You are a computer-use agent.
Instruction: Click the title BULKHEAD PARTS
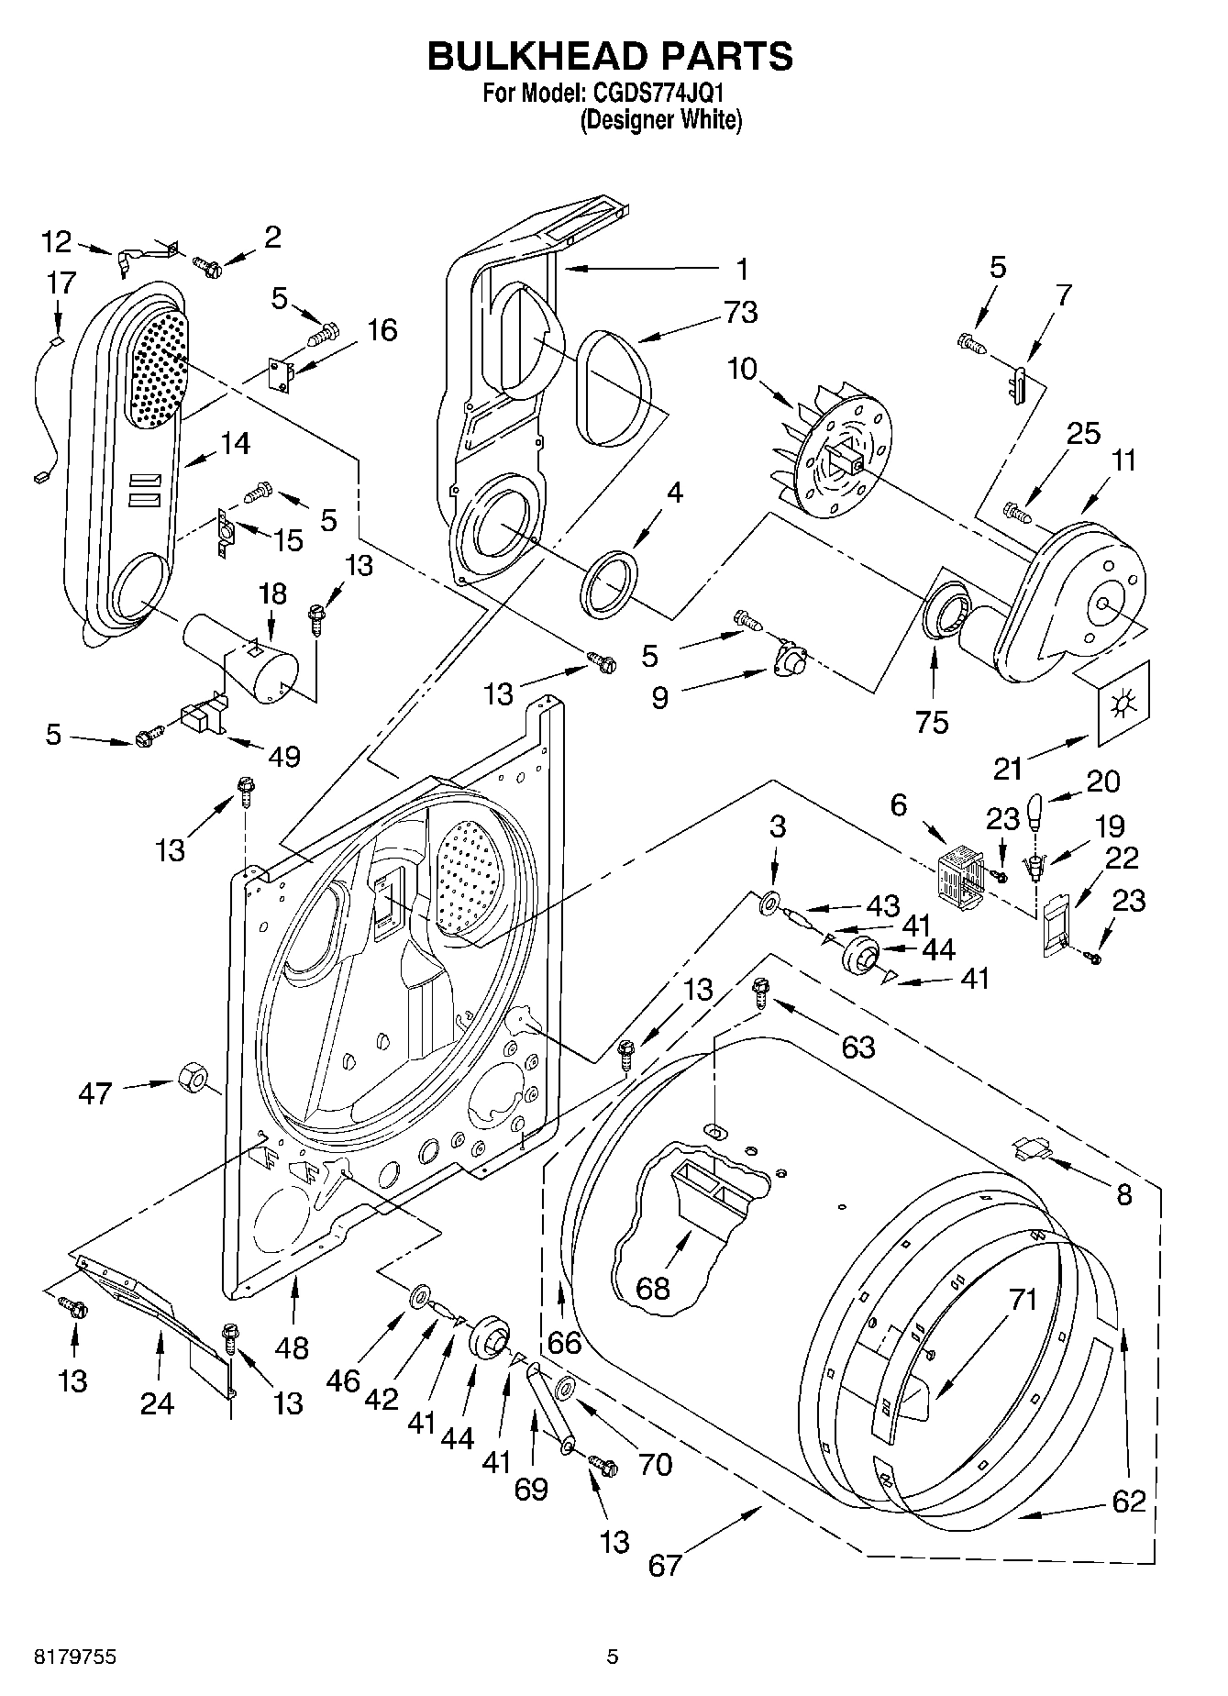(x=611, y=57)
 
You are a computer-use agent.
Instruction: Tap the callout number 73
(x=740, y=312)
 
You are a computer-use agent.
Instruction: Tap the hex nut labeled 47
(x=190, y=1077)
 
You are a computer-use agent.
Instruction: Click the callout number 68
(x=652, y=1289)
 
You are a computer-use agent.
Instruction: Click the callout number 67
(x=665, y=1564)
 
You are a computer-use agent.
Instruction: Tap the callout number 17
(x=61, y=283)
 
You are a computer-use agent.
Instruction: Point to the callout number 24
(x=158, y=1403)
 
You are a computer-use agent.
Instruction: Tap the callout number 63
(x=857, y=1047)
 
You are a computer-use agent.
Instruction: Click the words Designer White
(x=660, y=120)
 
